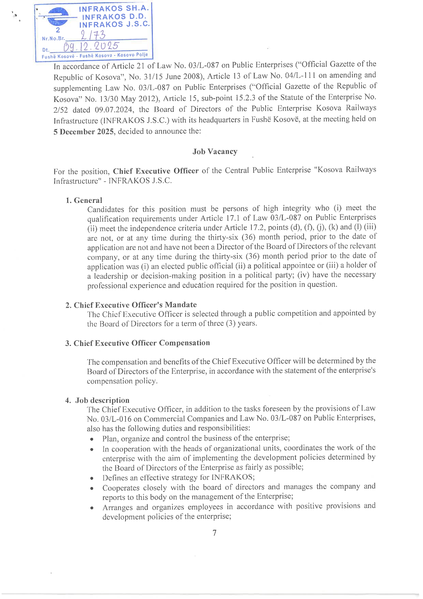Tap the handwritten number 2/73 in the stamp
point(93,35)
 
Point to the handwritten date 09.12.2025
point(91,46)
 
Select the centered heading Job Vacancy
point(215,151)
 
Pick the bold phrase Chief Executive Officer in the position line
point(156,171)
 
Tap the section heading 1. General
point(84,200)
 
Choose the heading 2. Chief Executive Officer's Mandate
point(131,305)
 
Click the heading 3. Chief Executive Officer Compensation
point(137,343)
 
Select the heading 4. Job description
point(98,400)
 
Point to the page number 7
point(214,533)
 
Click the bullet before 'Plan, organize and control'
point(92,439)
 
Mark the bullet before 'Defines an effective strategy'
point(92,478)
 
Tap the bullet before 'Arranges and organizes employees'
point(92,508)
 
